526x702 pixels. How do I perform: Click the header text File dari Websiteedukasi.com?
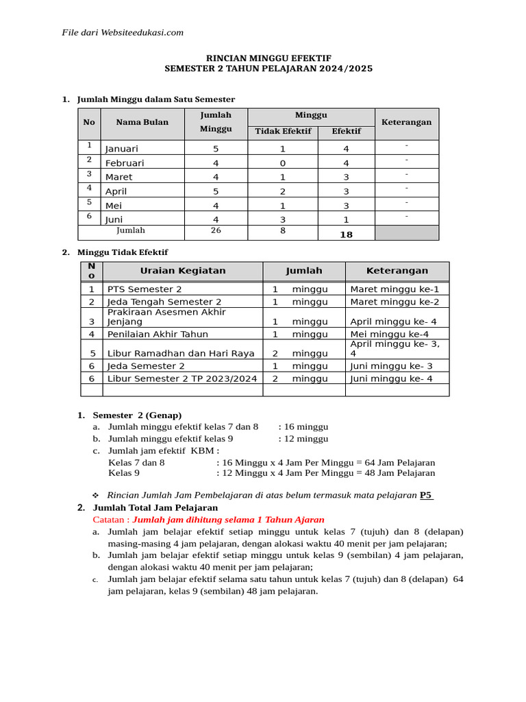coord(123,32)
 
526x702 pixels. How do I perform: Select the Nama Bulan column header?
coord(142,123)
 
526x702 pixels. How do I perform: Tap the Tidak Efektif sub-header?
coord(283,131)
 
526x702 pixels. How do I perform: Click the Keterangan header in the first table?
coord(406,123)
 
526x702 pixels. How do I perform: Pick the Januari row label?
coord(122,149)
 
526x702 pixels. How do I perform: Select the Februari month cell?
coord(125,163)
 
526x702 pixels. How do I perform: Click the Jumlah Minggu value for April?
coord(216,192)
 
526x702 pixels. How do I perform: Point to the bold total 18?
coord(346,234)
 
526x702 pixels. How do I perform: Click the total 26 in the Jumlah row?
coord(216,231)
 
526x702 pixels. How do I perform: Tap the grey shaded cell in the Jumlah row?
coord(406,233)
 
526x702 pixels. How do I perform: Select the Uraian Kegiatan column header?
coord(182,271)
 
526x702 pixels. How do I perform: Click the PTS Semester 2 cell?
coord(145,289)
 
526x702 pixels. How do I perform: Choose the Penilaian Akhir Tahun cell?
coord(158,334)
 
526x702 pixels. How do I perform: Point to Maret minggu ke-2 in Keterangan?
coord(394,302)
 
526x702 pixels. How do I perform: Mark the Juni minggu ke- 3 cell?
coord(391,366)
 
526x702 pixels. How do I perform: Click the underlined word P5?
coord(426,495)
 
